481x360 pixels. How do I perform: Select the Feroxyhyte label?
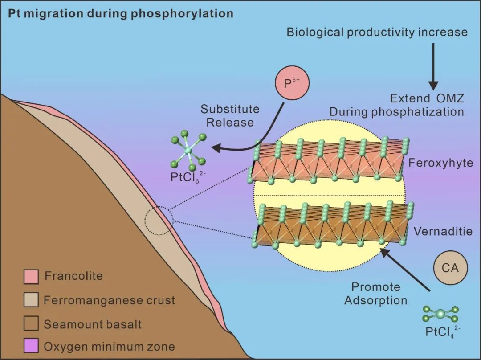440,163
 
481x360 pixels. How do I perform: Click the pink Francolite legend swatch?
31,276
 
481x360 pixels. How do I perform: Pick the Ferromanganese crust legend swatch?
31,300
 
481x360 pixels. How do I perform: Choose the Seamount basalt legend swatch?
31,323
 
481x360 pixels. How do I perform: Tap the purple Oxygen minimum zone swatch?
31,346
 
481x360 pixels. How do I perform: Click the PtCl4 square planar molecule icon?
440,314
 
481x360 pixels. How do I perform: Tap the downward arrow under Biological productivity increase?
433,67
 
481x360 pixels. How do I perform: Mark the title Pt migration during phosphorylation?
121,13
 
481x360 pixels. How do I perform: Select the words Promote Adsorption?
375,294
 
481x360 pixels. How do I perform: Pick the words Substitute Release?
230,115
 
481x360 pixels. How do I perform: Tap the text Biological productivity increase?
377,32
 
